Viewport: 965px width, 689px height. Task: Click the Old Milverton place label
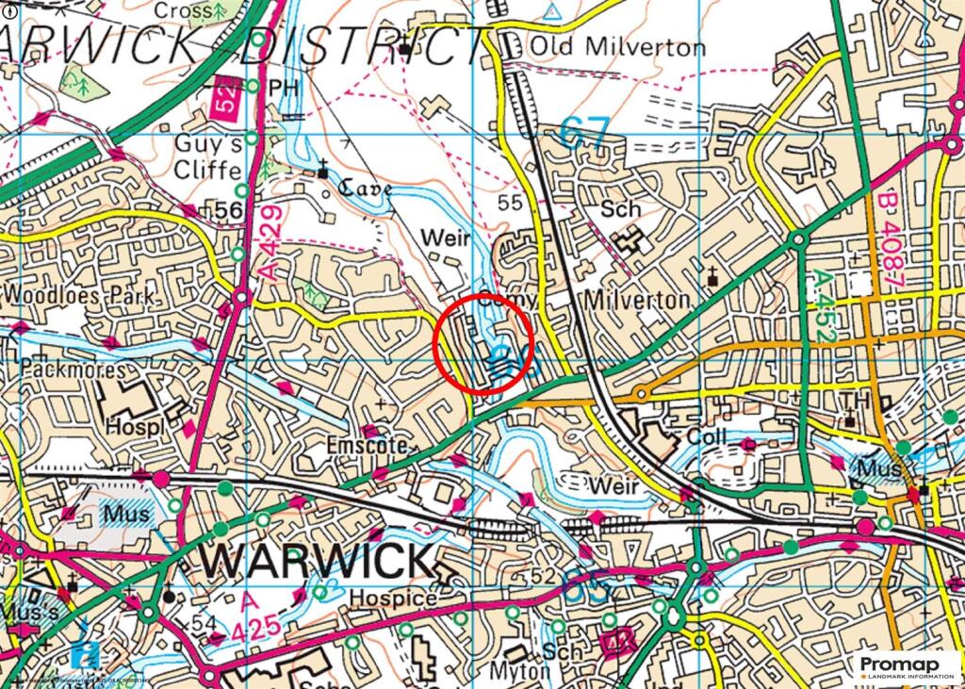pos(616,46)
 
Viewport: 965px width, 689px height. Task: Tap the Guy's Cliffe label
pos(209,157)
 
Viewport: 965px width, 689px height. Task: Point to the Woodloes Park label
pos(79,293)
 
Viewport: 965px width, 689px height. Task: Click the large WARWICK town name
pos(317,562)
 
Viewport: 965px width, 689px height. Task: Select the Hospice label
pos(392,598)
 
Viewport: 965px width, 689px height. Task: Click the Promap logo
pos(907,666)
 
